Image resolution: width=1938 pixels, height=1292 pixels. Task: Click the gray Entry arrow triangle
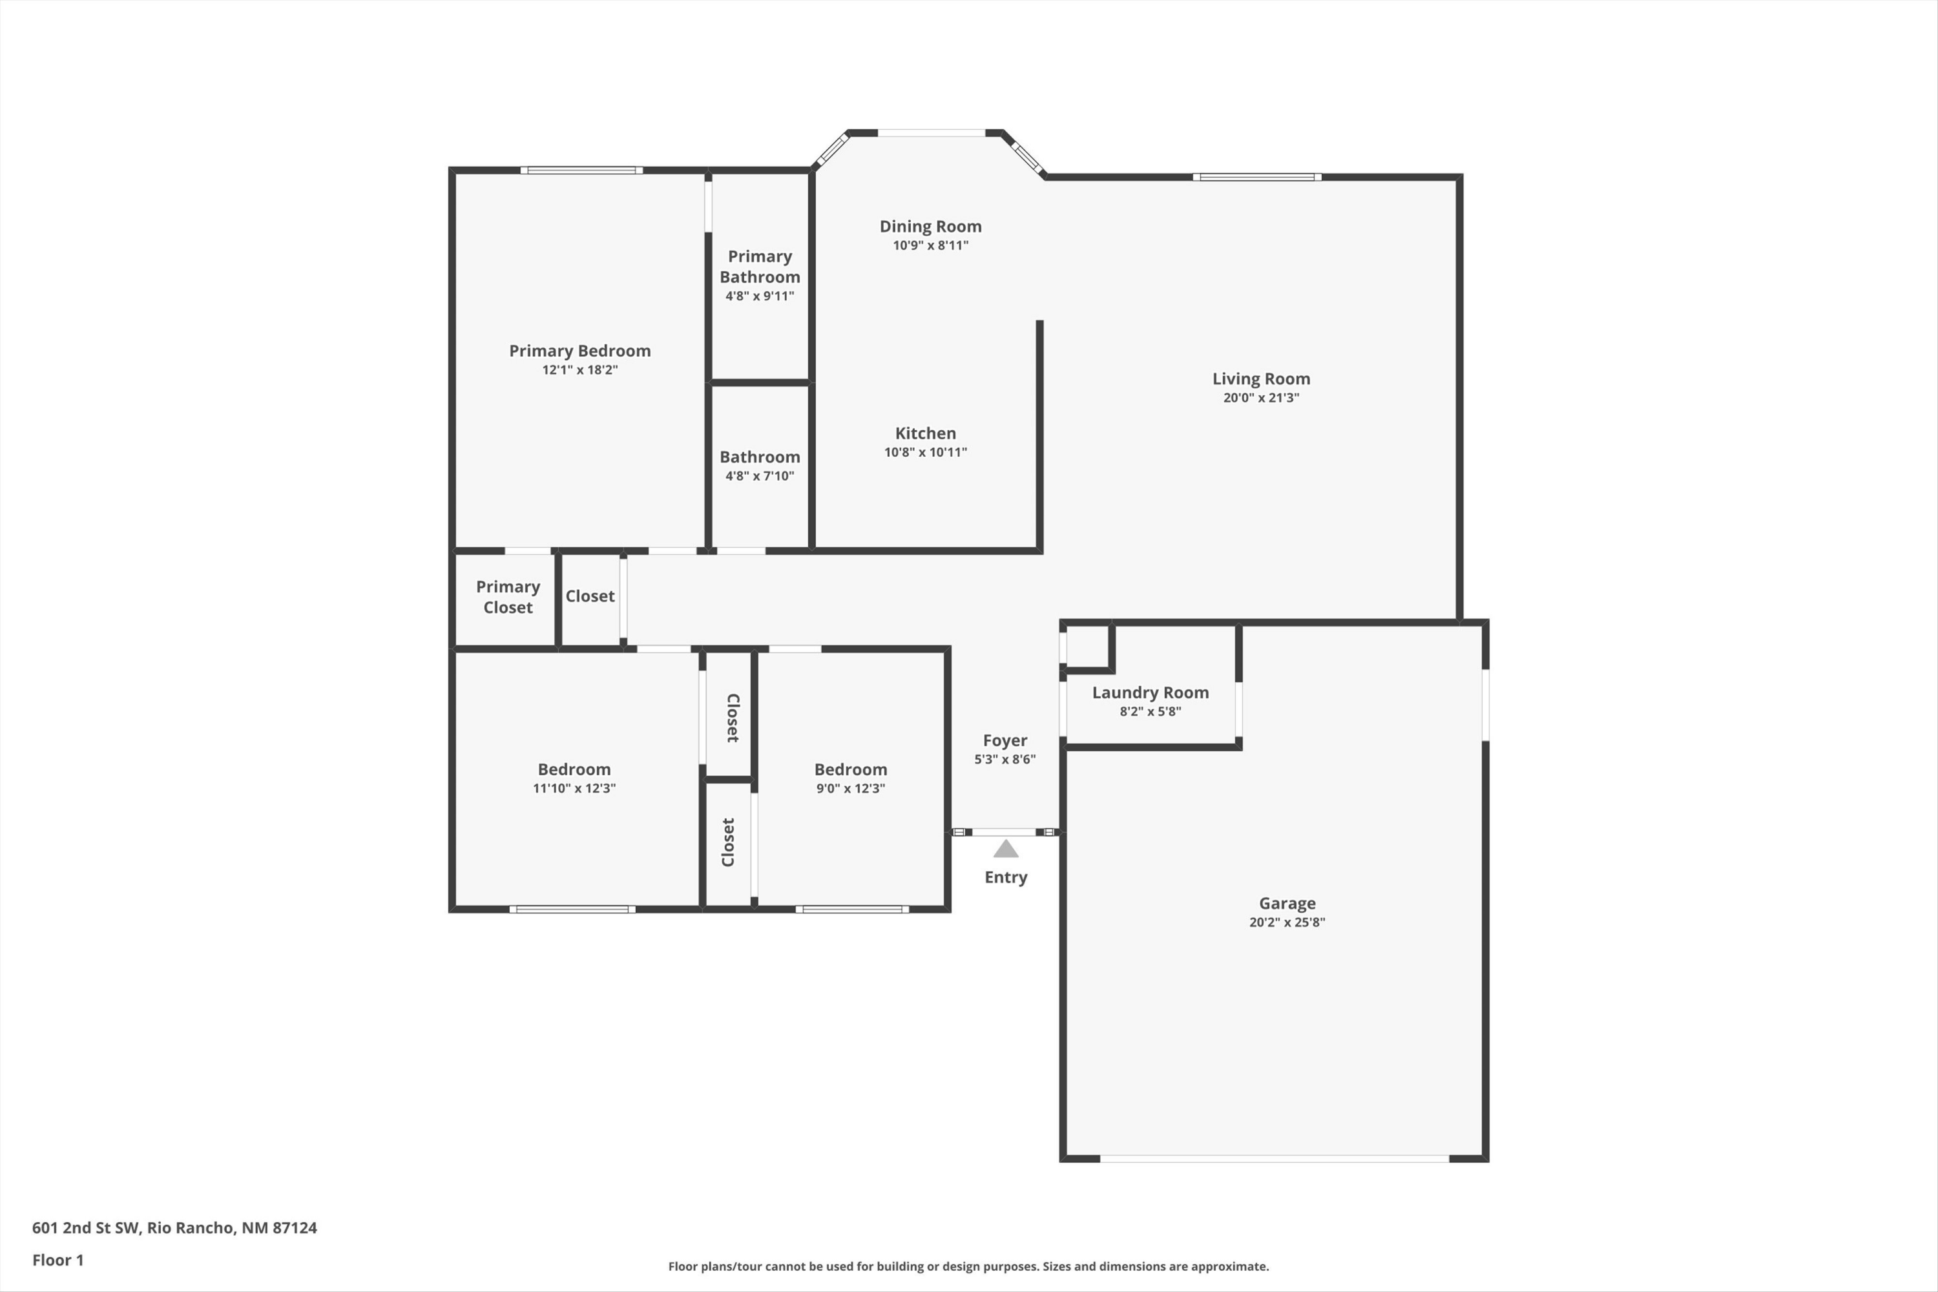point(1005,849)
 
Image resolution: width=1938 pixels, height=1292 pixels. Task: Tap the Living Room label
point(1261,379)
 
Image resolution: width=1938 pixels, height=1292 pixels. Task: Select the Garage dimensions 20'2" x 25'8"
point(1287,922)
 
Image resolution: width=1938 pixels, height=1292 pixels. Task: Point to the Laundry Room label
point(1151,693)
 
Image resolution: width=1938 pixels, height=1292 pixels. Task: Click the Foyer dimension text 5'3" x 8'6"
point(1005,759)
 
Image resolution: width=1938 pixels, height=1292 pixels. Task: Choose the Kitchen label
point(925,433)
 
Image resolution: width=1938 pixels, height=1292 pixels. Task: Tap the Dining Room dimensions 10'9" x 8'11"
point(930,245)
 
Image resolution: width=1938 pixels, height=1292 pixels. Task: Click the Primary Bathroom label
point(760,267)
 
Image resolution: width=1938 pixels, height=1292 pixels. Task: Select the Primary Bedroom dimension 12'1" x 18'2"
point(580,369)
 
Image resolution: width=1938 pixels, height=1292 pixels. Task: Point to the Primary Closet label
point(508,596)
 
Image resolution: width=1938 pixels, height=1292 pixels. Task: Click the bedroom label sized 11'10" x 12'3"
point(574,769)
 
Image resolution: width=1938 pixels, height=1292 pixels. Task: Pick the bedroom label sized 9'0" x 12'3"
point(850,769)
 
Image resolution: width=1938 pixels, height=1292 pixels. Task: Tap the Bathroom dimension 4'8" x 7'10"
point(760,475)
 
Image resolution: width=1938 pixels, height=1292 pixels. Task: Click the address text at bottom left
point(174,1228)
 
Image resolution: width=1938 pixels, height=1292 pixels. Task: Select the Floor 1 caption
point(57,1260)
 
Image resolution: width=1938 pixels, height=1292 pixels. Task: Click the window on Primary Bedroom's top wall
point(582,171)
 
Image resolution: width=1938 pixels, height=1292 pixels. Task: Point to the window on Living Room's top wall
point(1257,177)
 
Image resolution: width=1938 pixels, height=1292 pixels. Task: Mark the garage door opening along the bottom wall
point(1275,1158)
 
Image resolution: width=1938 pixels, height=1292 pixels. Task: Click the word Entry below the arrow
point(1005,877)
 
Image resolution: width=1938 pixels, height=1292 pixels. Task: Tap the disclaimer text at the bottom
point(968,1266)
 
